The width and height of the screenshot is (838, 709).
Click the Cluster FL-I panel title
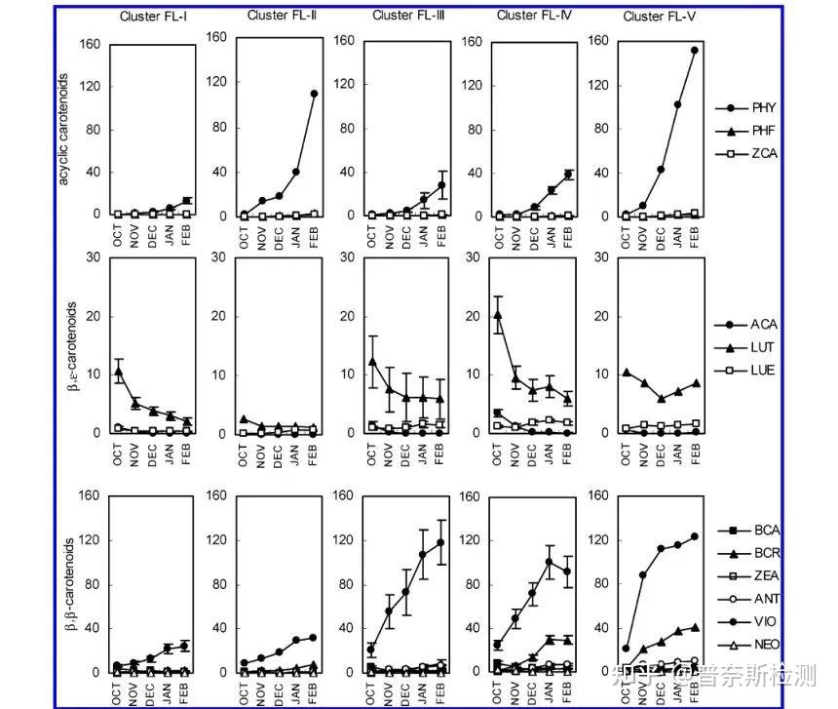154,16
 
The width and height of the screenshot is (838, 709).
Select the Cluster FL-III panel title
406,16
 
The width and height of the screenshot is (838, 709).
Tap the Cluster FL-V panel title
658,16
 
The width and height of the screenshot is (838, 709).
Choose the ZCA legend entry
765,153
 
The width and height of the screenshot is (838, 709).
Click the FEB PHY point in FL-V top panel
695,50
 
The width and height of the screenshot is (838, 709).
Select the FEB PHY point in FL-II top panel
314,94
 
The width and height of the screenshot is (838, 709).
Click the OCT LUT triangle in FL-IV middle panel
498,314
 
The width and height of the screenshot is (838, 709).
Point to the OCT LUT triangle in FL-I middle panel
118,371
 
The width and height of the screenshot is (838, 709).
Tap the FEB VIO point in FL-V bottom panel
695,536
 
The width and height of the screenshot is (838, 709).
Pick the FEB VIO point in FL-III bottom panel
439,542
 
